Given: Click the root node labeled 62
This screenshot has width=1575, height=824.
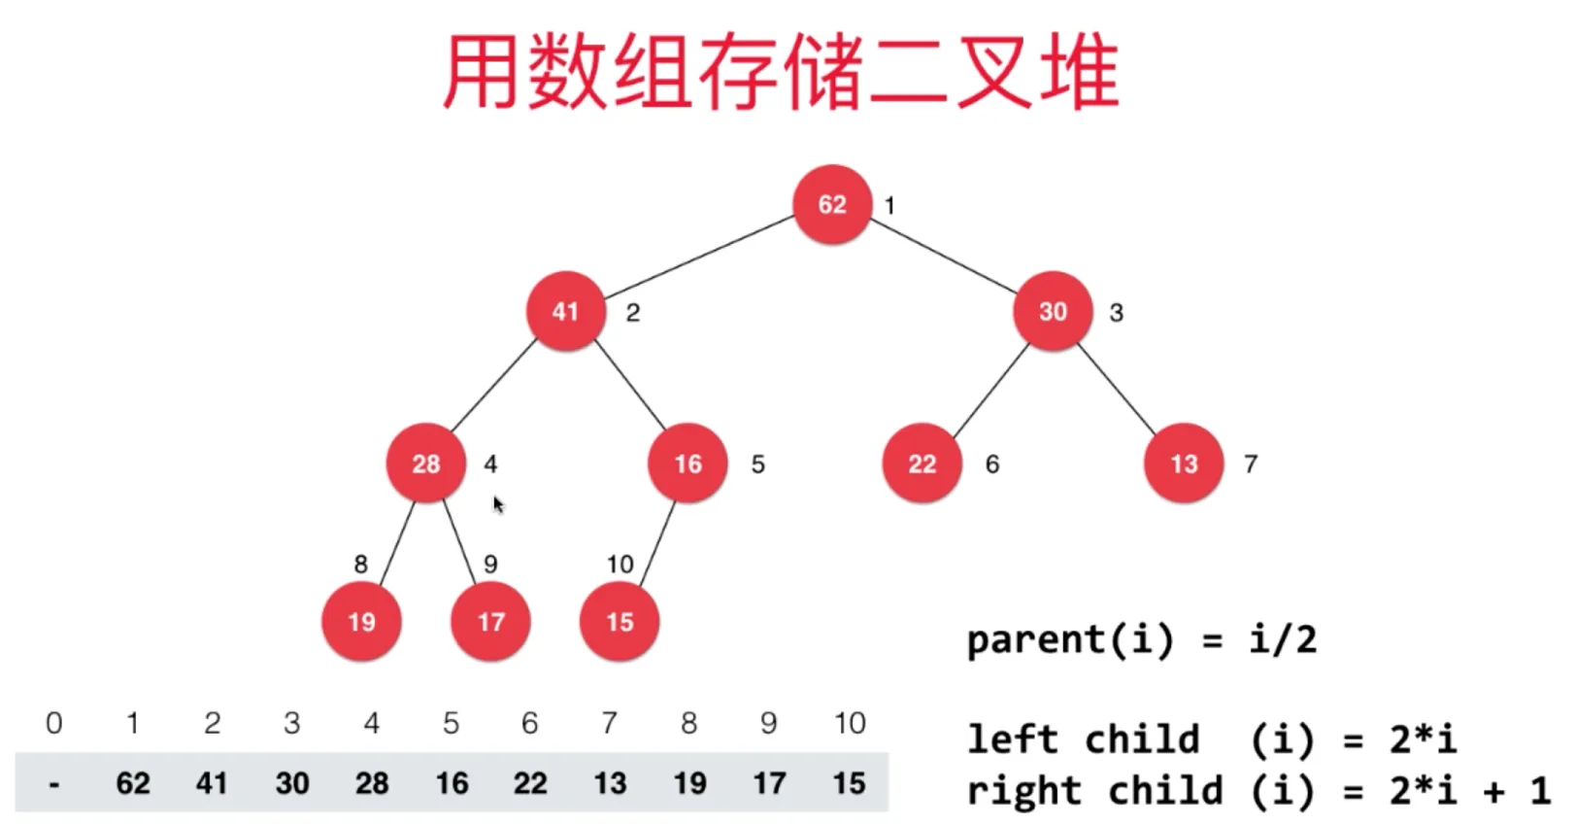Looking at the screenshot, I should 832,205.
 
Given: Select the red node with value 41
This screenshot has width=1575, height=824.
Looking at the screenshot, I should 565,311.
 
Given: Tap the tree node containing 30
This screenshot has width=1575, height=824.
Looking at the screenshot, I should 1053,311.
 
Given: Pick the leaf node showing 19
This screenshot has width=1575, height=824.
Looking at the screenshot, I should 361,622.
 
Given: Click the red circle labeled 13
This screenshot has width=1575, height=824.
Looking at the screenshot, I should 1184,463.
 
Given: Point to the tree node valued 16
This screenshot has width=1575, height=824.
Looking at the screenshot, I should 687,463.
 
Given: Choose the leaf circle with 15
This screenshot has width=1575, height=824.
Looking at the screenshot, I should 620,622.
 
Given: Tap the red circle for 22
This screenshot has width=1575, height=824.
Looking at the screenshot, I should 922,463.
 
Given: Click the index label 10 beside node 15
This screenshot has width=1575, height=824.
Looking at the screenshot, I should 620,564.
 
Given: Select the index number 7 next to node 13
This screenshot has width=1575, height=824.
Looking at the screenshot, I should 1251,464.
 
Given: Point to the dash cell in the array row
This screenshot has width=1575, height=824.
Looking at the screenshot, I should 54,783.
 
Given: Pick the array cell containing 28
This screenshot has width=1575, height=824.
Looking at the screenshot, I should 372,783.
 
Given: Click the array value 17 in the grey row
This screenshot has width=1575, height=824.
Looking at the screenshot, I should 769,783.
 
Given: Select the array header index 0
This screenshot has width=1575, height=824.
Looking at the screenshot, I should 54,723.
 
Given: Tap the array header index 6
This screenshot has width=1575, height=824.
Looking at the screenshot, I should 530,723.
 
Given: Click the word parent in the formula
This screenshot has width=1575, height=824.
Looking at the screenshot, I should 1035,640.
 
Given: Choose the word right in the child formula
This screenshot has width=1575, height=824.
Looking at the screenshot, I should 1023,791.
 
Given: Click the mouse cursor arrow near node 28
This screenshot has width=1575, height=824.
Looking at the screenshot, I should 498,504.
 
